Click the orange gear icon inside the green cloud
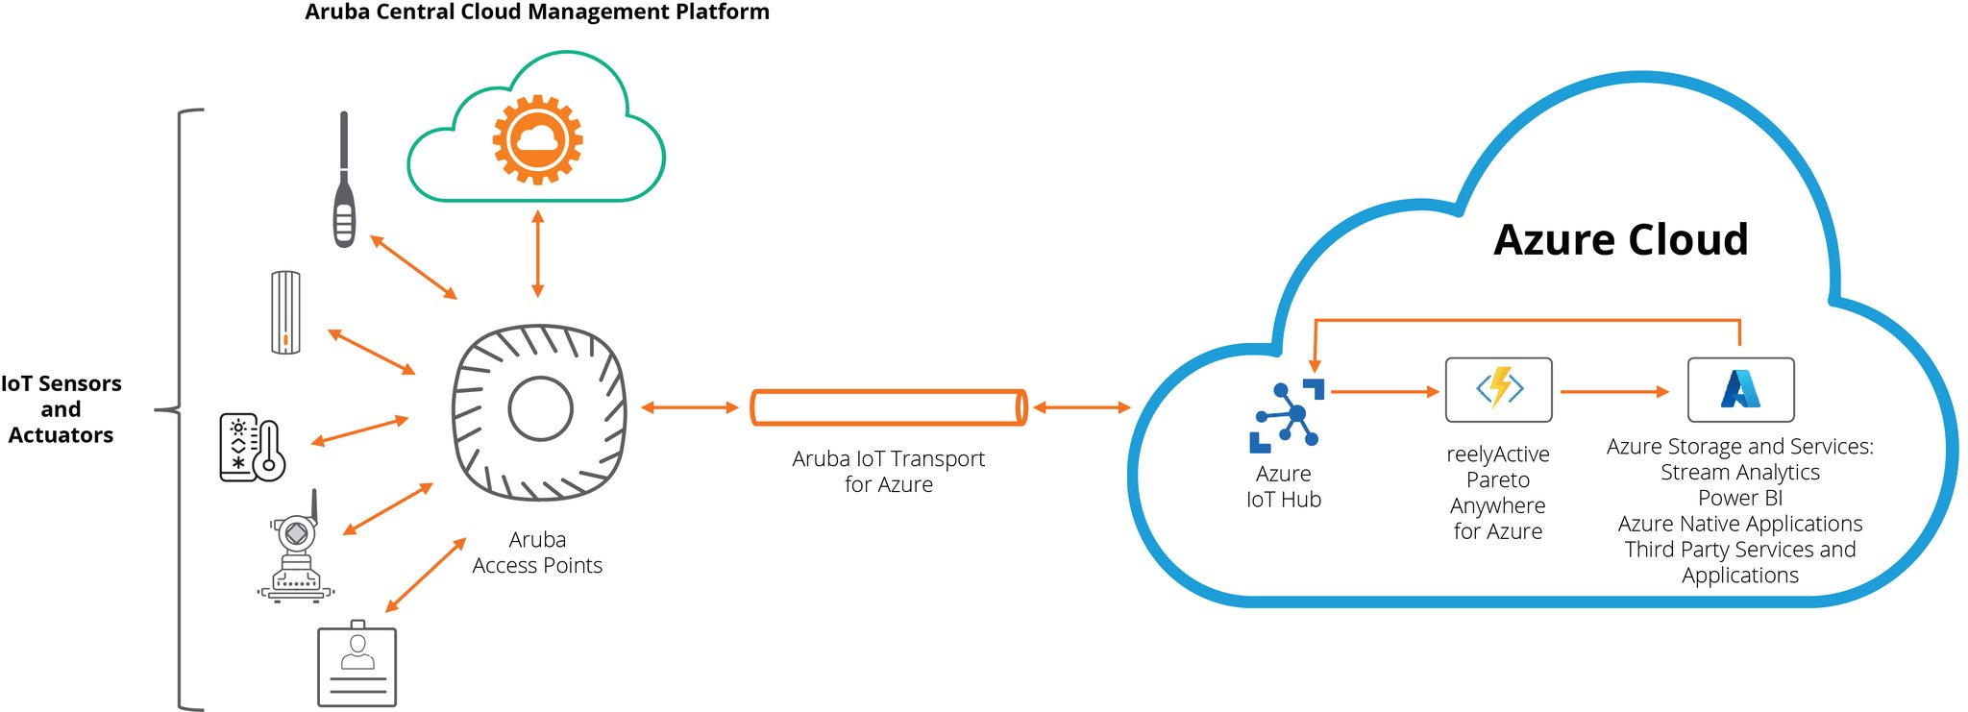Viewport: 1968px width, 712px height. (x=537, y=139)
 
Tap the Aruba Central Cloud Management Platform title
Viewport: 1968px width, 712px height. (x=537, y=12)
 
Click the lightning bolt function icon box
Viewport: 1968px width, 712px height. (x=1498, y=389)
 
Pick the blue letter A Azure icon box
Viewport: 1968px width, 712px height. (x=1740, y=389)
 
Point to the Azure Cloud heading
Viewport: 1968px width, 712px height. (x=1620, y=239)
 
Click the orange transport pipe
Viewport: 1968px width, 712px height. (x=888, y=407)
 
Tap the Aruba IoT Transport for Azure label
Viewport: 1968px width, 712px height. (x=888, y=471)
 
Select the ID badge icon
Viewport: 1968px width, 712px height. (x=357, y=665)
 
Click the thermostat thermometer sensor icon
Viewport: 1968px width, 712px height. (x=253, y=448)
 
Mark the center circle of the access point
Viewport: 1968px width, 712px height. (x=540, y=408)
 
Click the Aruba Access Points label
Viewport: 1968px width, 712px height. (x=537, y=552)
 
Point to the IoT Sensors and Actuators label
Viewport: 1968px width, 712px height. (x=61, y=409)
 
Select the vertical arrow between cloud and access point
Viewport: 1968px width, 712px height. (x=537, y=255)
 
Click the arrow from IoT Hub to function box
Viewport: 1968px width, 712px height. (x=1384, y=391)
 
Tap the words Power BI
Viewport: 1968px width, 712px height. (x=1739, y=498)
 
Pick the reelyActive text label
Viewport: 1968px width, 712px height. (x=1497, y=454)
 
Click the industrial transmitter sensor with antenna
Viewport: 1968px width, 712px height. (x=296, y=552)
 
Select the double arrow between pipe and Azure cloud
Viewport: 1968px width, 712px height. (x=1082, y=407)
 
